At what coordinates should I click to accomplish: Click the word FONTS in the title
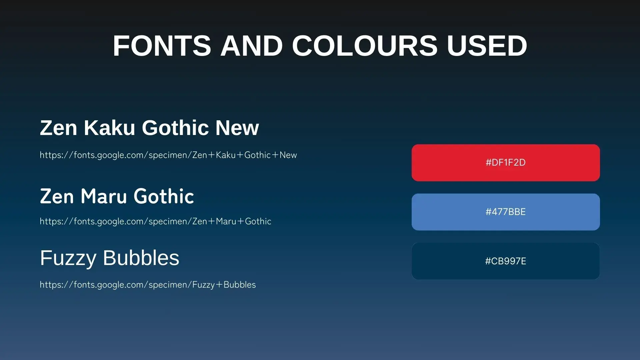pos(162,46)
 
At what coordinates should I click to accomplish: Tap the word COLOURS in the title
pos(365,46)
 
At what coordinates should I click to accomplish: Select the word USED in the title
pos(487,46)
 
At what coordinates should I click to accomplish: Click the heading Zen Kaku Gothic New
pos(149,128)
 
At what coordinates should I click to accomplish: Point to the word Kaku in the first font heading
pos(109,128)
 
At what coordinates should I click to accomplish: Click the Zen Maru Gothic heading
pos(117,196)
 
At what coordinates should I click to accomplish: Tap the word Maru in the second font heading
pos(104,196)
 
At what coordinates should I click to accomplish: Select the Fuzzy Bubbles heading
pos(110,258)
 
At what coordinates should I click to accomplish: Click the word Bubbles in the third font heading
pos(141,258)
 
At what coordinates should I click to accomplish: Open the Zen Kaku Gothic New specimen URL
pos(168,155)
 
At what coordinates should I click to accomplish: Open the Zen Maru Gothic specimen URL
pos(155,221)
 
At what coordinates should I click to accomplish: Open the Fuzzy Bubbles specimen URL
pos(148,285)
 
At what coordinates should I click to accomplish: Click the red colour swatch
pos(506,163)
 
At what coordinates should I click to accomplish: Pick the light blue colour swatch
pos(506,212)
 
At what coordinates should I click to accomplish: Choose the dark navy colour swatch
pos(506,261)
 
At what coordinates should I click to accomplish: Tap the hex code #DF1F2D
pos(506,163)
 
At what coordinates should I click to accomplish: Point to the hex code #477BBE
pos(506,212)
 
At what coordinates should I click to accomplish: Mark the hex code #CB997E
pos(506,261)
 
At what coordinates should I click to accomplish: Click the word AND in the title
pos(252,46)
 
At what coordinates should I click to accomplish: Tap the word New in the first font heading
pos(237,128)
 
